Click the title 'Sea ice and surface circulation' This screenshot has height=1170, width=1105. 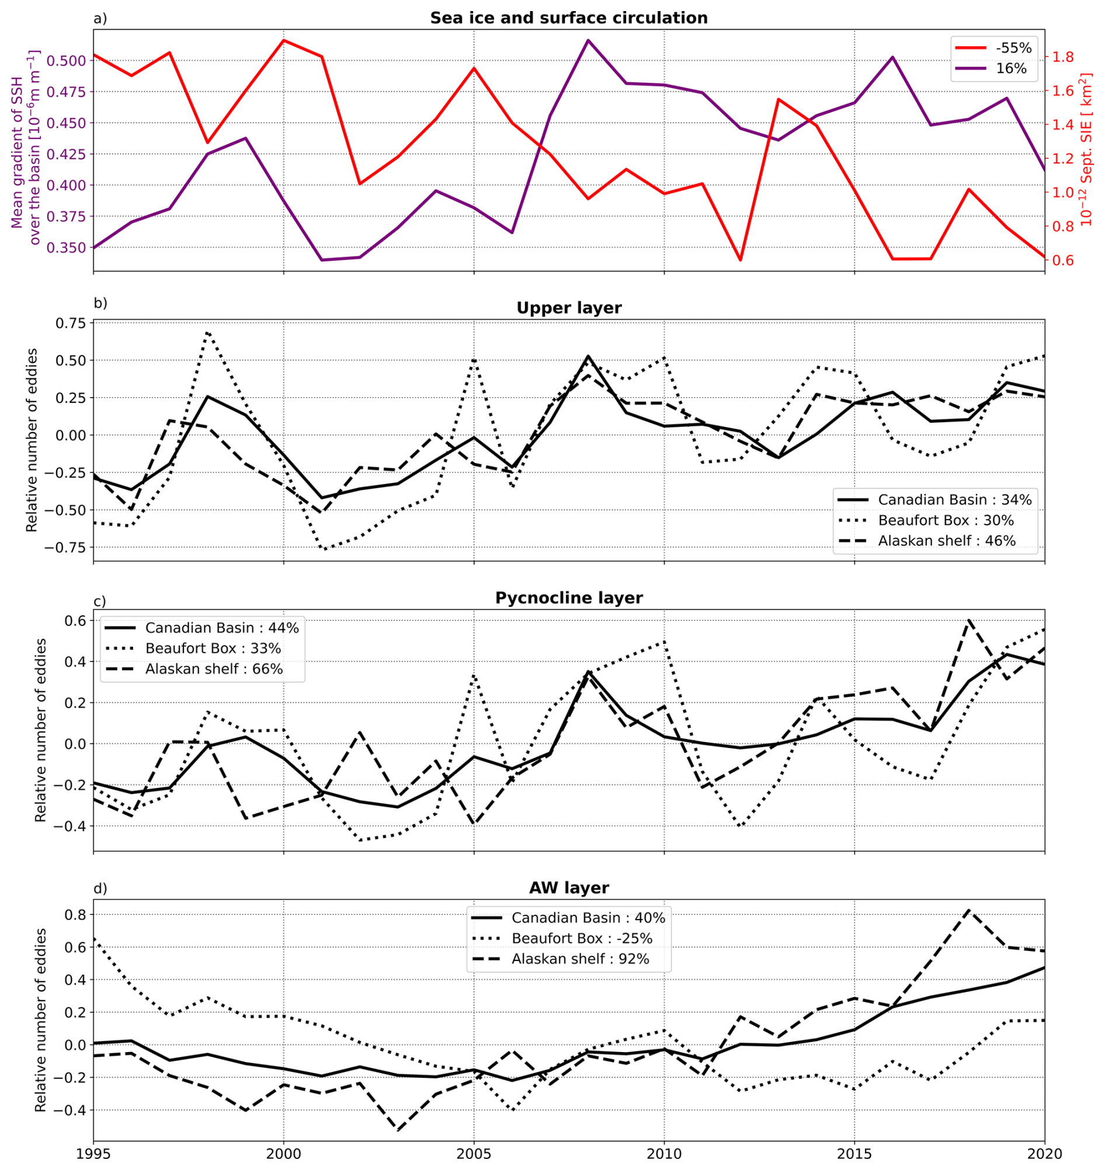[568, 18]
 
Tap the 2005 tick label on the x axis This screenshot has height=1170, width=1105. [474, 1154]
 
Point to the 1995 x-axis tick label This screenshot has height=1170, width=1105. [93, 1154]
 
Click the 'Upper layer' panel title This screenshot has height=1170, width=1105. [568, 308]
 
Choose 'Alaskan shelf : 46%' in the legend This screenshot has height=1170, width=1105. [947, 541]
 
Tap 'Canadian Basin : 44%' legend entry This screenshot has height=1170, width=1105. [222, 628]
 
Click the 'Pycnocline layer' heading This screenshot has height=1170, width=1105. [568, 598]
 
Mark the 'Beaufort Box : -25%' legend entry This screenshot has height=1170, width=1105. [581, 938]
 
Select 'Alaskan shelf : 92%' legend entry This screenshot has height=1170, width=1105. [580, 959]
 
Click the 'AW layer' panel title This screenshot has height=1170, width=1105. [568, 887]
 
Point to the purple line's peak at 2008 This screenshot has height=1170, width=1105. [588, 40]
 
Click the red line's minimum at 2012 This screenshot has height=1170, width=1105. [741, 260]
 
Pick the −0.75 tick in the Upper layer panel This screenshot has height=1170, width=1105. [66, 547]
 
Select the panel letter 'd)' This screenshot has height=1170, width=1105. [100, 888]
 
